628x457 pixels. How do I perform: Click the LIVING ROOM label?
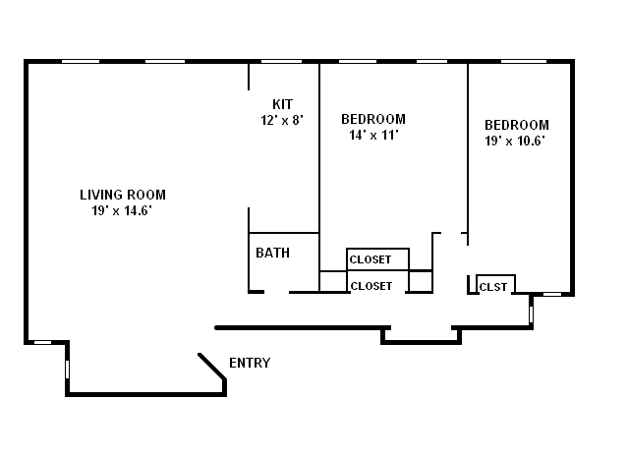123,195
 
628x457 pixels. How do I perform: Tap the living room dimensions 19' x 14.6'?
123,210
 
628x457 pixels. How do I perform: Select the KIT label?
282,104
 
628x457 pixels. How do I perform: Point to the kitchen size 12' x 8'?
282,120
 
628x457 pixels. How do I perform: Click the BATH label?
272,253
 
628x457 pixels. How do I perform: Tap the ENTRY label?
250,364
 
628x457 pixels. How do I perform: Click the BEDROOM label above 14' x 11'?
373,120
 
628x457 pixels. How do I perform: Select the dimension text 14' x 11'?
373,136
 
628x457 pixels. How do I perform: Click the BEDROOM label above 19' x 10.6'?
517,125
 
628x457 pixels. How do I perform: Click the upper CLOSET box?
377,259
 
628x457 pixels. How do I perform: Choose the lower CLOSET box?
377,285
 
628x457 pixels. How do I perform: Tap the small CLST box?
494,286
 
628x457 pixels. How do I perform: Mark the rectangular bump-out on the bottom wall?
421,336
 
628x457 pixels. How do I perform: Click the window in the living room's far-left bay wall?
67,369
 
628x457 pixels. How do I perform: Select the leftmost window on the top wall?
82,62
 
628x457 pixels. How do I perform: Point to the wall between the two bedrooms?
468,147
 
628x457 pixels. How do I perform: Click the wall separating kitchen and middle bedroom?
319,147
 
